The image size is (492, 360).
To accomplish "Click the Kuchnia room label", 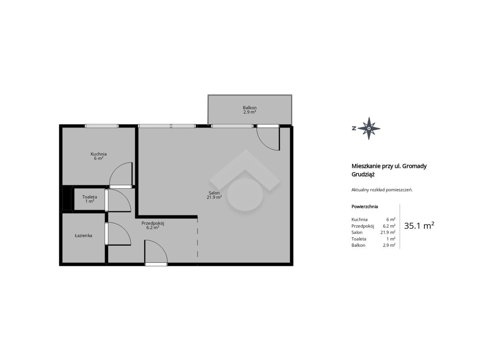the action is point(99,154).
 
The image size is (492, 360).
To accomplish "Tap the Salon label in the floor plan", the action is point(214,193).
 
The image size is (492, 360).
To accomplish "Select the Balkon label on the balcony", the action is point(250,108).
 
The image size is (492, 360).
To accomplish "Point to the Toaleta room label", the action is point(90,197).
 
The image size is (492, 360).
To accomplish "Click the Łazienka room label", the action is point(84,236).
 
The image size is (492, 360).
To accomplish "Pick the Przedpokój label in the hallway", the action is point(153,223).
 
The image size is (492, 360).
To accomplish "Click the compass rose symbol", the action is point(369,128).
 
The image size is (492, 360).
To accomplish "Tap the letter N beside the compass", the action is point(354,128).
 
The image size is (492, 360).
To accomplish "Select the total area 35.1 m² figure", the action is point(419,226).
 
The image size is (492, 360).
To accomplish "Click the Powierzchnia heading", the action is point(365,206).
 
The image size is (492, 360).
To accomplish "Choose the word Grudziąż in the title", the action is point(363,174).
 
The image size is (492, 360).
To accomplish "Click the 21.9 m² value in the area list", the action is point(388,232).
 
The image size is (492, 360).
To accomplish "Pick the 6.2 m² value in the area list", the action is point(389,226).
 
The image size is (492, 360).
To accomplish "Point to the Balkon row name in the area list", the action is point(358,245).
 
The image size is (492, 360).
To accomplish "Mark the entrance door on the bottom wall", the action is point(156,264).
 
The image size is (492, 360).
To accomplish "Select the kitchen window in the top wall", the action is point(102,126).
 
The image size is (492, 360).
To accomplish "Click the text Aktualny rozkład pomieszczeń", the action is point(382,190).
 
